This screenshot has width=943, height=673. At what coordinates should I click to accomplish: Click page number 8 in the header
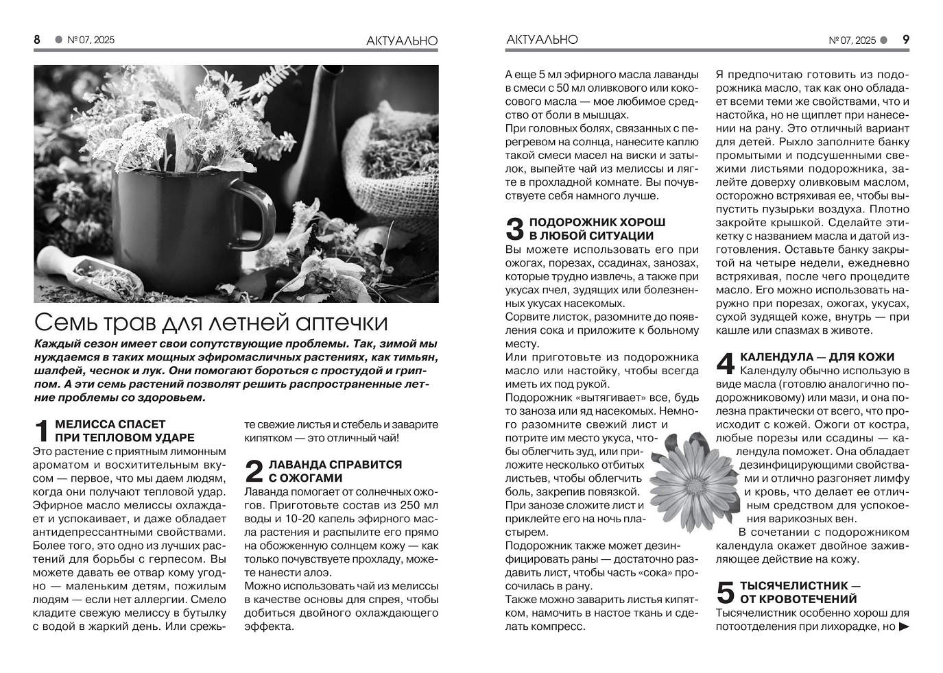pyautogui.click(x=37, y=40)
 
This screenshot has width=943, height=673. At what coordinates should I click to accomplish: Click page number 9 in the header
pyautogui.click(x=905, y=40)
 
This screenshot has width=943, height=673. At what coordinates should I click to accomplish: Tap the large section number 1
pyautogui.click(x=42, y=431)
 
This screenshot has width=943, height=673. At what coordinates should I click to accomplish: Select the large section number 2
pyautogui.click(x=254, y=472)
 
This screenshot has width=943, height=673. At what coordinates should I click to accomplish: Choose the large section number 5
pyautogui.click(x=726, y=593)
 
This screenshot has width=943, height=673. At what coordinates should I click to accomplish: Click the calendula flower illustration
pyautogui.click(x=687, y=478)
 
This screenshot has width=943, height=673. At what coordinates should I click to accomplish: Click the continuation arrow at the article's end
pyautogui.click(x=903, y=626)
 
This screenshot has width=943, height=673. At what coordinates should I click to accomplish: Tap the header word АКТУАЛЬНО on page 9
pyautogui.click(x=542, y=40)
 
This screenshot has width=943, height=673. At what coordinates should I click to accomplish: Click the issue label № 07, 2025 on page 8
pyautogui.click(x=91, y=40)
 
